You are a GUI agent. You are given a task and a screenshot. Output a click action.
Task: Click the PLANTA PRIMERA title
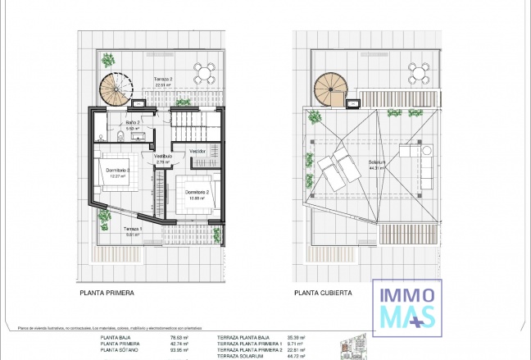[x=107, y=292]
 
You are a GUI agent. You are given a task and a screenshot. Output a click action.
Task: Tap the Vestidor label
[x=197, y=151]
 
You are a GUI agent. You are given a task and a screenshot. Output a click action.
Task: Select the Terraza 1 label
[x=133, y=230]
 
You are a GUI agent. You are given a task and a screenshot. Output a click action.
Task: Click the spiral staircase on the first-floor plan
[x=116, y=88]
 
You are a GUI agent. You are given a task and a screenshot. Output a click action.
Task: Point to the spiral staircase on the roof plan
[x=329, y=88]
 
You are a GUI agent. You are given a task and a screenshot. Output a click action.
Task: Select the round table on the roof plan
[x=419, y=71]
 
